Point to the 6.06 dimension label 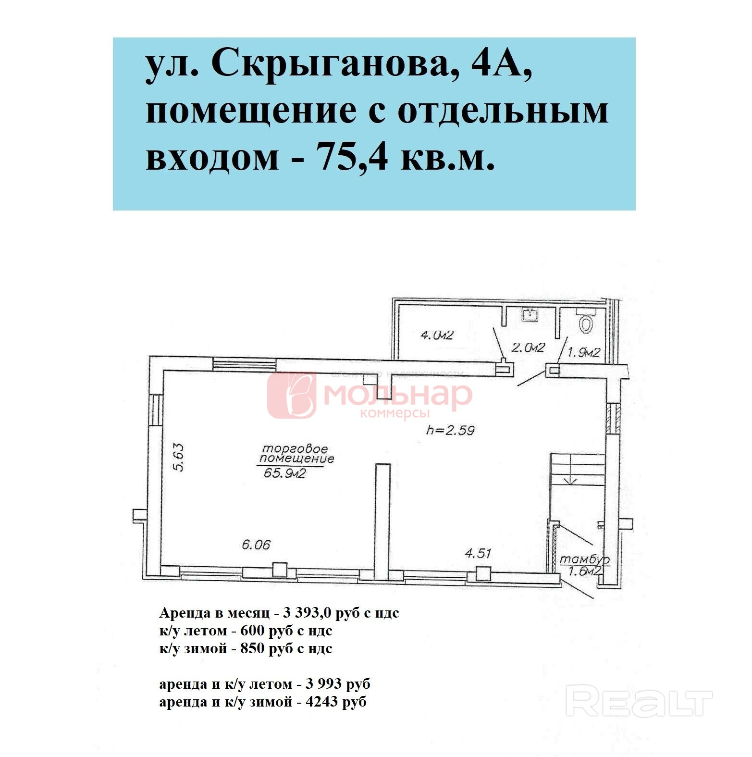click(256, 545)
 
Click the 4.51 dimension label click(478, 553)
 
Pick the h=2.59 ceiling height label click(450, 430)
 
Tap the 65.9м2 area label click(285, 474)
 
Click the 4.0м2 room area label click(437, 335)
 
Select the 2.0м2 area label click(527, 347)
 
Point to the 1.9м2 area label click(583, 352)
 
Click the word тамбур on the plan click(585, 560)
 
